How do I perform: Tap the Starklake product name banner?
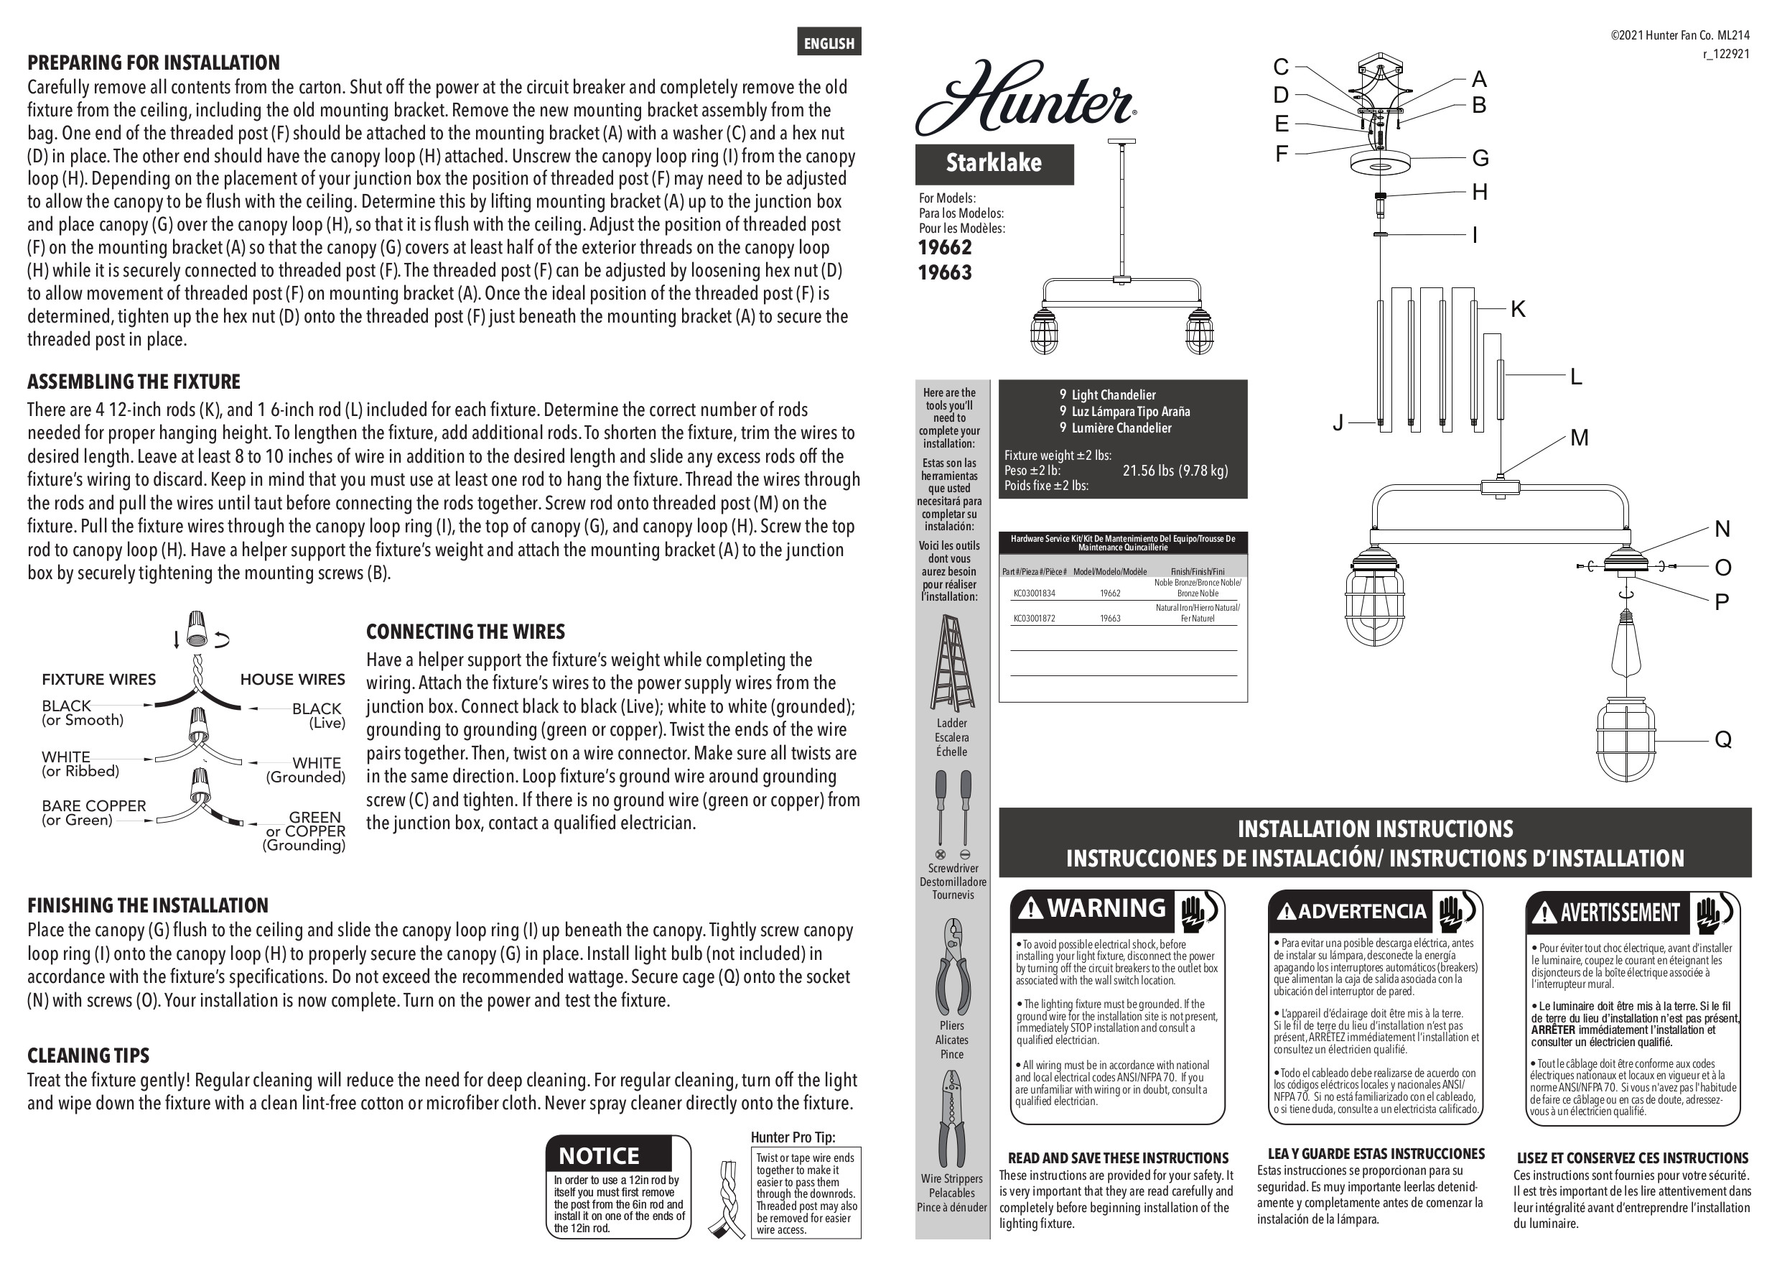[x=994, y=163]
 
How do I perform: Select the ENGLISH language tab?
[x=829, y=43]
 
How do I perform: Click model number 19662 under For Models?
[x=945, y=248]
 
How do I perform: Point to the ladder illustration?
[x=952, y=662]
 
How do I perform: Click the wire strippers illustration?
[x=951, y=1119]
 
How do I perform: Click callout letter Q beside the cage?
[x=1722, y=739]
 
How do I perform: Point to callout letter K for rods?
[x=1518, y=310]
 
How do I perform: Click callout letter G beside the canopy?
[x=1480, y=158]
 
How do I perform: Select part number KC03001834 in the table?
[x=1034, y=593]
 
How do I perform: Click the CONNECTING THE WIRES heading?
[x=465, y=632]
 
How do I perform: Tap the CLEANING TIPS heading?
[x=88, y=1055]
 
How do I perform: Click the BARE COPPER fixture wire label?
[x=93, y=806]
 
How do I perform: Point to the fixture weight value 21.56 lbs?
[x=1175, y=471]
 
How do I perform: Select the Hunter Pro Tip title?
[x=793, y=1137]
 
